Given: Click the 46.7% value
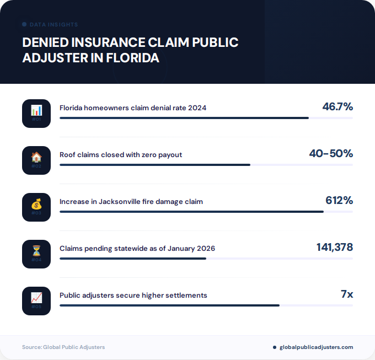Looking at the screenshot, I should pos(337,106).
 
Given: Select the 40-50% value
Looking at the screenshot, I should pos(330,153).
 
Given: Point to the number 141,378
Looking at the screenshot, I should pos(334,248).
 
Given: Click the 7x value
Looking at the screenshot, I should pos(346,294).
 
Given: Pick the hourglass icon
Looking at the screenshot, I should pos(36,251).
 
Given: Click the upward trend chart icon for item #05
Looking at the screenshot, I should pos(36,298).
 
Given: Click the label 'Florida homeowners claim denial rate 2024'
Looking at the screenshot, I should pos(133,108).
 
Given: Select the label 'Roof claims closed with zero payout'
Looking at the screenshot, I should pos(121,154).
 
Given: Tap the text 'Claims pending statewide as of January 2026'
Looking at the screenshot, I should pos(137,249).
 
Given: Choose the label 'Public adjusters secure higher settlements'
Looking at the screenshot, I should pos(133,295).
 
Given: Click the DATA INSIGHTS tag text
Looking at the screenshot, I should pos(53,25).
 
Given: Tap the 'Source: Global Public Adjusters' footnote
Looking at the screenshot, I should pos(63,347).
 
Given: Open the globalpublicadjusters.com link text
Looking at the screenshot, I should pos(316,347).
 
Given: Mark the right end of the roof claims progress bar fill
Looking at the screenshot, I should pos(250,164).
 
